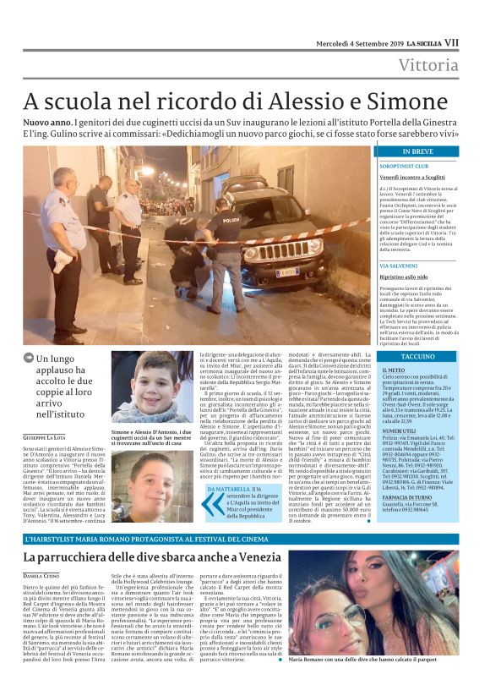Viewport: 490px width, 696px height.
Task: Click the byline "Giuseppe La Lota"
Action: click(x=49, y=436)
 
